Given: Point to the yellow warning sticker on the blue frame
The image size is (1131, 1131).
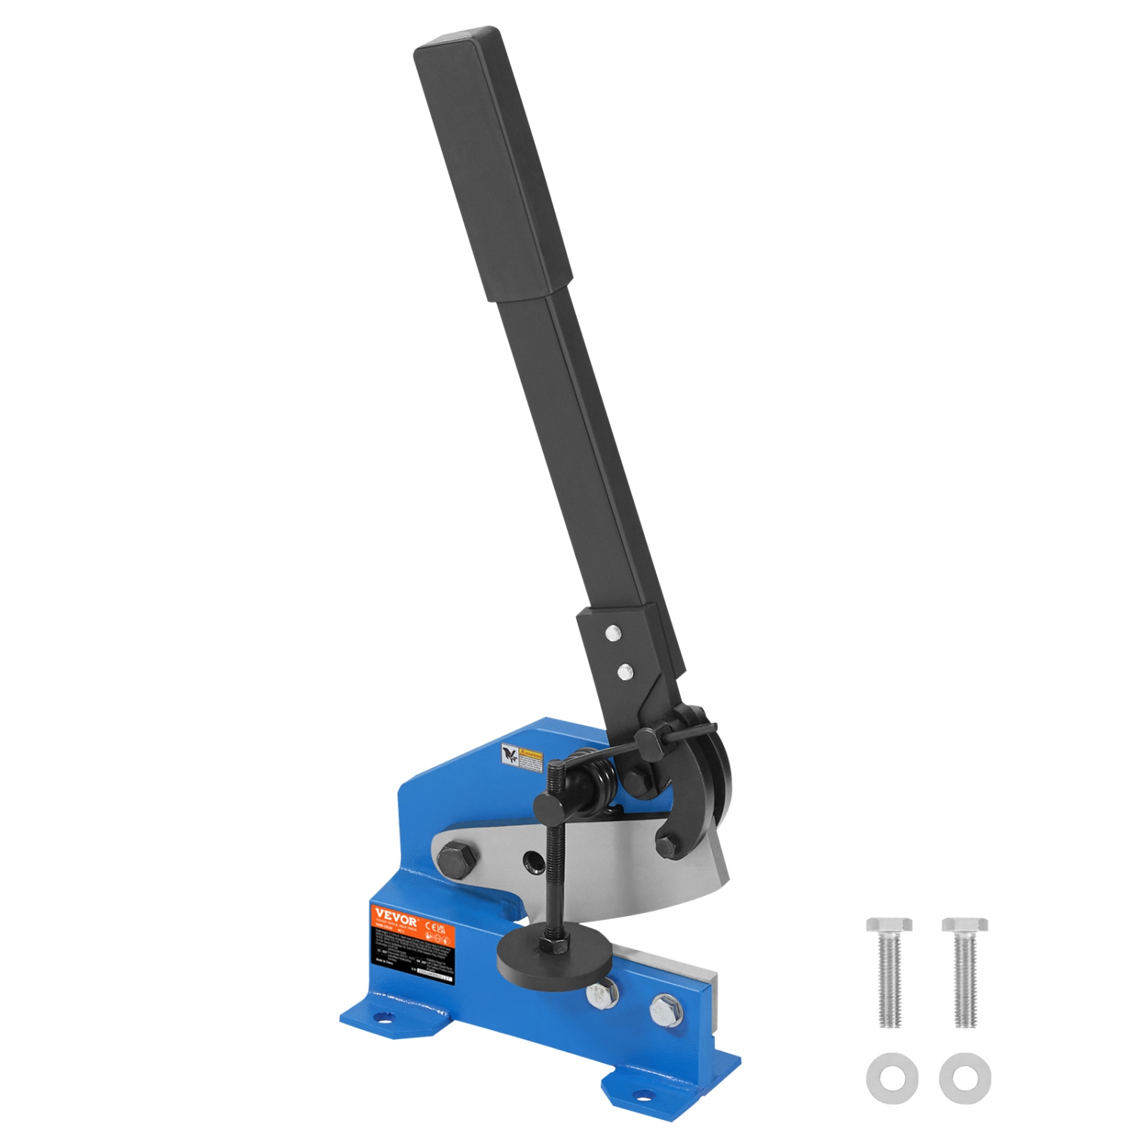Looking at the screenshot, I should pos(522,758).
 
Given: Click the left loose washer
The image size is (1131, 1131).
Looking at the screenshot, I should pos(892,1077).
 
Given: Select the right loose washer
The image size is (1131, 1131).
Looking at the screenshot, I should pos(965,1077).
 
